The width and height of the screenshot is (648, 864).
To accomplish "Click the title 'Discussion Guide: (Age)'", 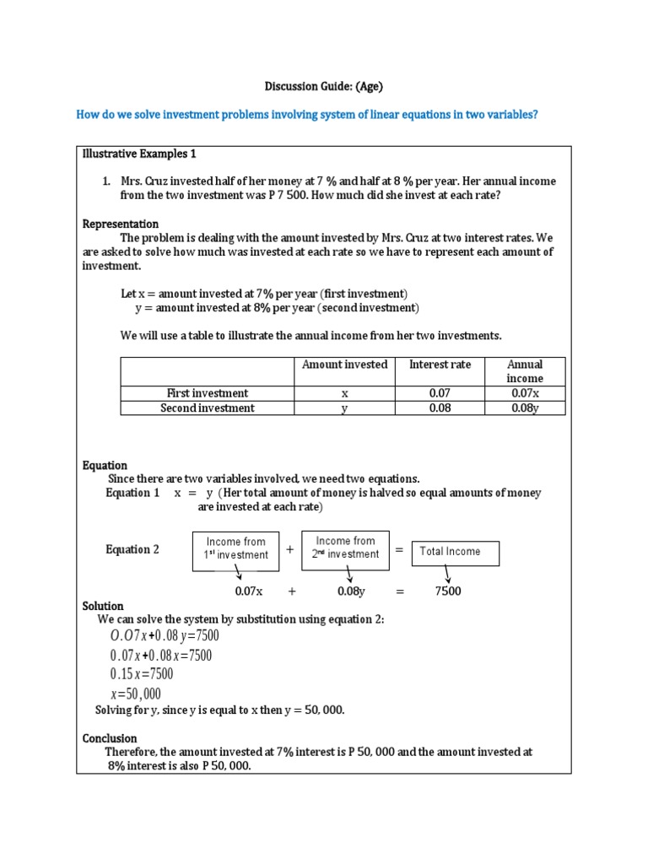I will tap(324, 86).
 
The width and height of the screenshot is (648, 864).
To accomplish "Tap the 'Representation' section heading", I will tap(121, 224).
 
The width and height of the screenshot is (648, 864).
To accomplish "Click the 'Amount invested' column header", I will tap(345, 364).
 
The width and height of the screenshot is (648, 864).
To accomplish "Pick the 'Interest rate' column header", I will tap(440, 364).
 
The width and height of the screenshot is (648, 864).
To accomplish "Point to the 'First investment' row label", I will tap(208, 393).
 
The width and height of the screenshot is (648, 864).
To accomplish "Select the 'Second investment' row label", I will tap(208, 408).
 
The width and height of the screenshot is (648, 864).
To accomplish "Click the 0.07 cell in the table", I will tap(440, 393).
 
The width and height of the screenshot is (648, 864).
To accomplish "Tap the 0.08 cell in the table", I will tap(440, 408).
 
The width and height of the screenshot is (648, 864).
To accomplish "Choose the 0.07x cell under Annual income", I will tap(525, 393).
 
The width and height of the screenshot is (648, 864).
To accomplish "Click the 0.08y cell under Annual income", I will tap(525, 408).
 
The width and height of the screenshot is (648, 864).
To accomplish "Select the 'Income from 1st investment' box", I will tap(235, 548).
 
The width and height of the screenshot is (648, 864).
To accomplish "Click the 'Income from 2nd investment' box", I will tap(345, 547).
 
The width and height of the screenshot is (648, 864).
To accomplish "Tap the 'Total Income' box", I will tap(456, 552).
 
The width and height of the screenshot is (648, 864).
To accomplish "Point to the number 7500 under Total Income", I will tap(448, 591).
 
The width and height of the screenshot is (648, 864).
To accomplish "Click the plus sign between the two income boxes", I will tap(289, 549).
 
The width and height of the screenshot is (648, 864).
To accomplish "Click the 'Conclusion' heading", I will tap(110, 738).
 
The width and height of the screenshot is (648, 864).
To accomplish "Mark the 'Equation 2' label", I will tap(132, 550).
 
